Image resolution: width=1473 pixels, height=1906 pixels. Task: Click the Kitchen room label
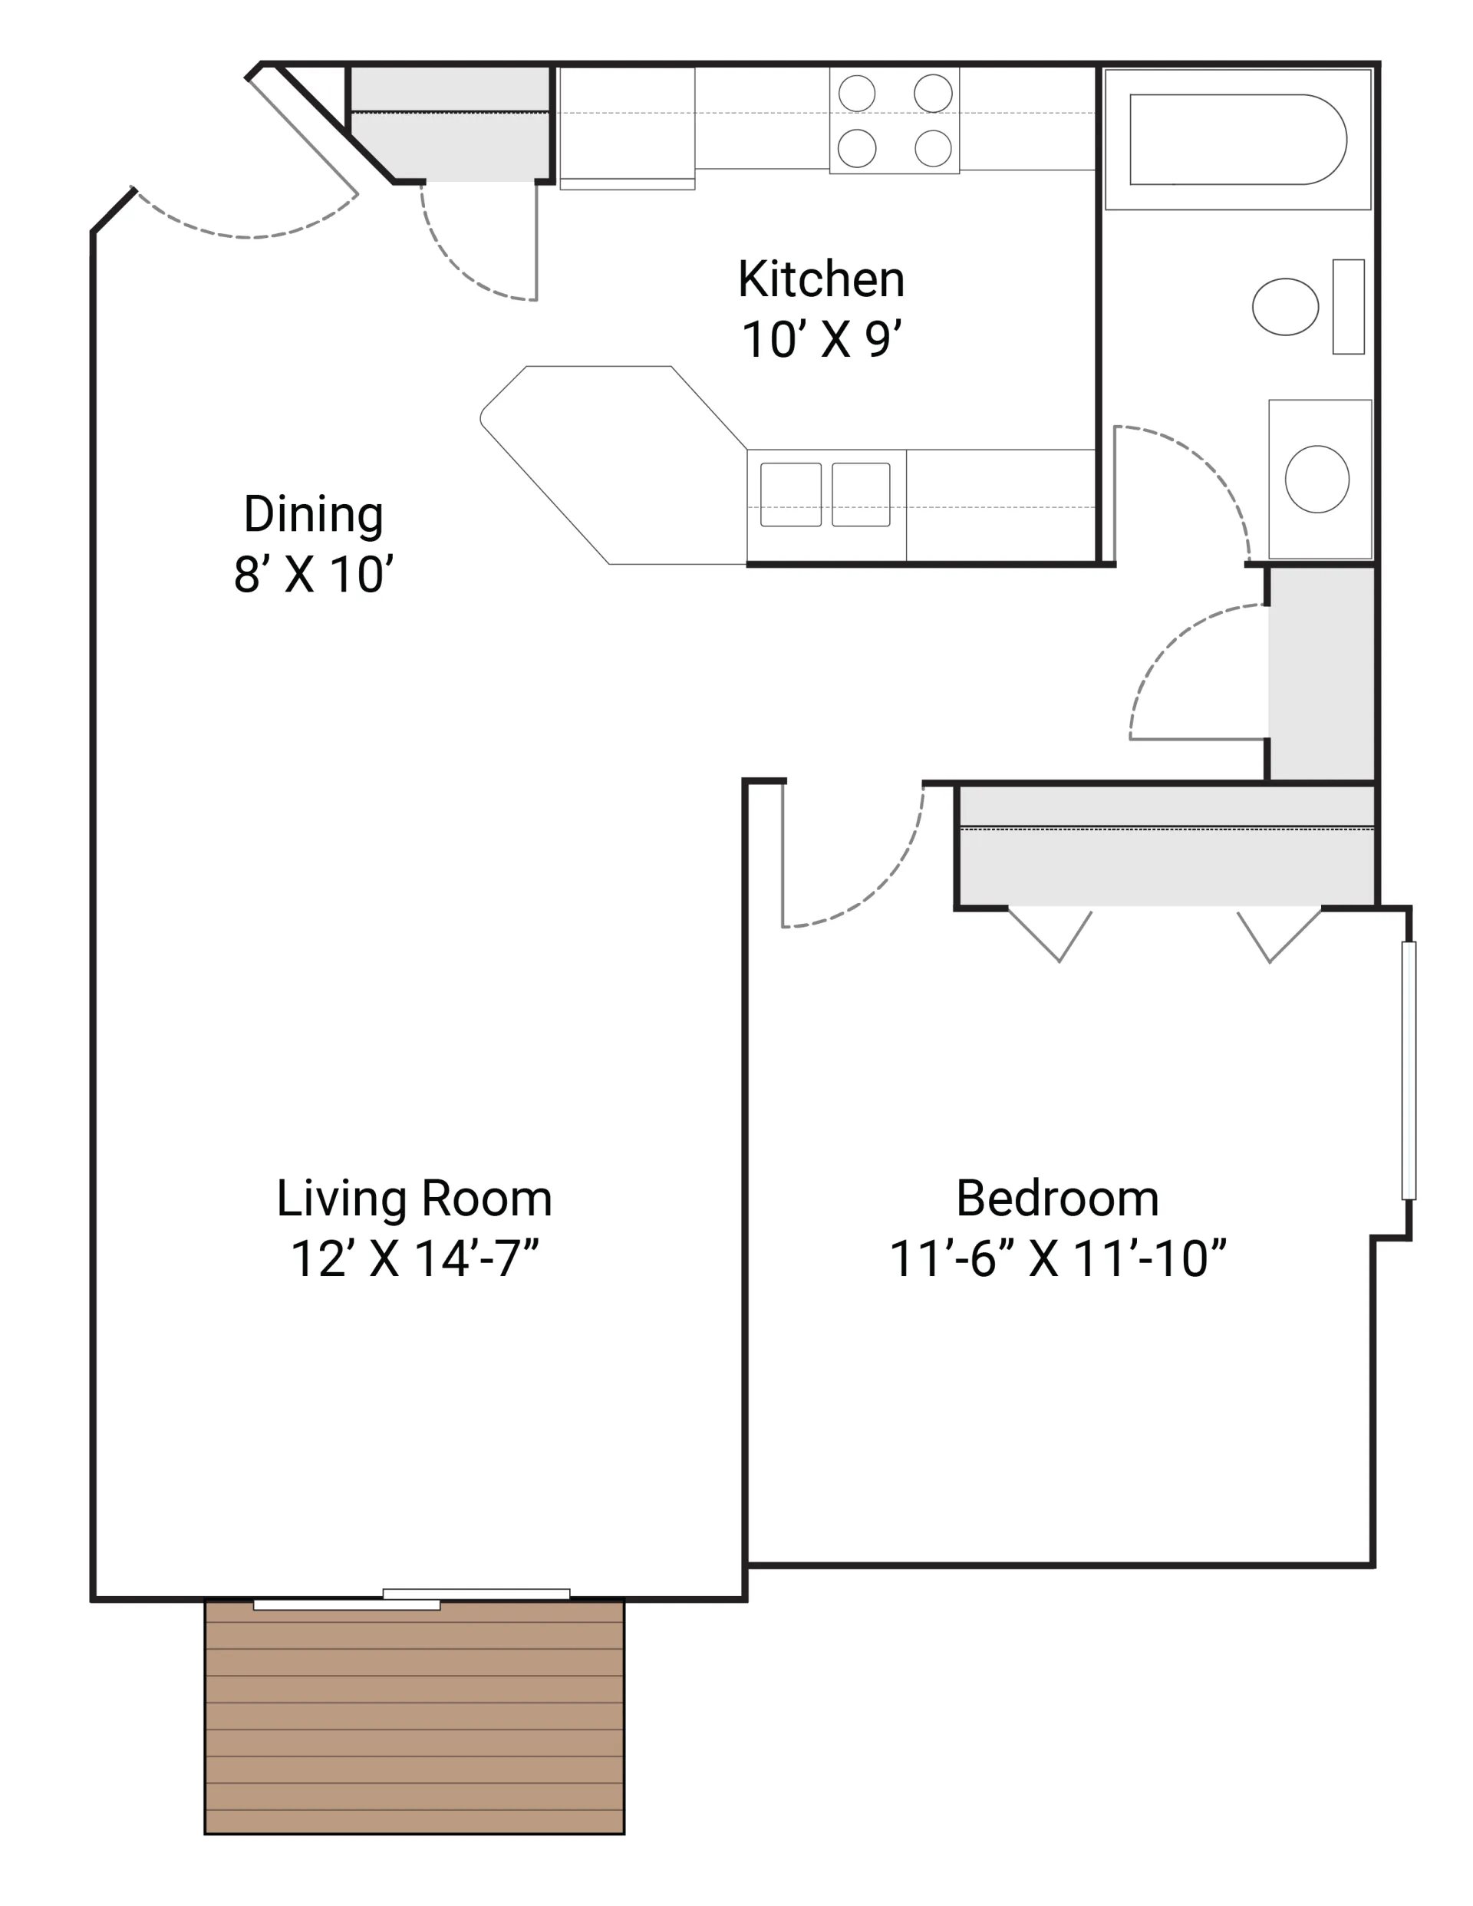pos(820,279)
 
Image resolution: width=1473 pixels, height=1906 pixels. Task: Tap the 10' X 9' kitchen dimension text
pos(820,339)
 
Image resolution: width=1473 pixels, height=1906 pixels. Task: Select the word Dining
pos(313,514)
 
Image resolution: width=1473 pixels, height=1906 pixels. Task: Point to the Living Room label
pos(414,1199)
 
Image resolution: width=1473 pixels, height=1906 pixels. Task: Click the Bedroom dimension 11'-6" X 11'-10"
pos(1056,1258)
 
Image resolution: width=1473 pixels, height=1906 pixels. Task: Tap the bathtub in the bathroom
pos(1237,140)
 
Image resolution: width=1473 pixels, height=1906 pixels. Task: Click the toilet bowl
pos(1284,306)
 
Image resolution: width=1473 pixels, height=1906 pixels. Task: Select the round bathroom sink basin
pos(1316,479)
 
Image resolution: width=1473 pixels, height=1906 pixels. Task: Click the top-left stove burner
pos(857,94)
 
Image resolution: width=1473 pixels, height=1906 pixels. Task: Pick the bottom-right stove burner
pos(933,148)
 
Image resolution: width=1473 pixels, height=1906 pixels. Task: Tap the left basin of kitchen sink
pos(791,495)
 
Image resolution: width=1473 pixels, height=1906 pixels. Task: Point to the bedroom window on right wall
pos(1408,1071)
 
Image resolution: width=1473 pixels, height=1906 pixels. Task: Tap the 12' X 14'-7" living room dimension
pos(414,1258)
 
